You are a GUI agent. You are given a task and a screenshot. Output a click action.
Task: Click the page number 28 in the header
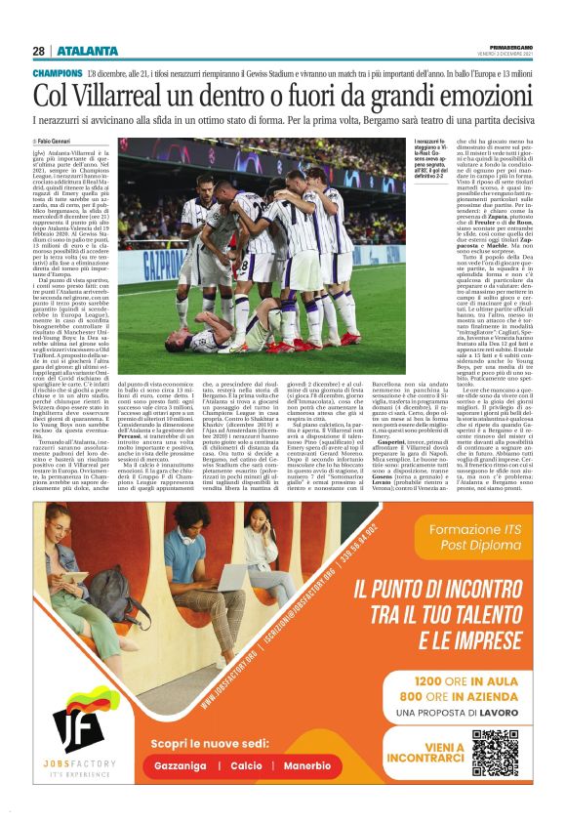(x=39, y=51)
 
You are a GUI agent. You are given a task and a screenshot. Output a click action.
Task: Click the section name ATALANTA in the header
(x=87, y=51)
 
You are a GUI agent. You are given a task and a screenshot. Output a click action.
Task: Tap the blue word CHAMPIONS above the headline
(x=57, y=74)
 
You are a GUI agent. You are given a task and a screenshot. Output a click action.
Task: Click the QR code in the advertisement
(x=495, y=753)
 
